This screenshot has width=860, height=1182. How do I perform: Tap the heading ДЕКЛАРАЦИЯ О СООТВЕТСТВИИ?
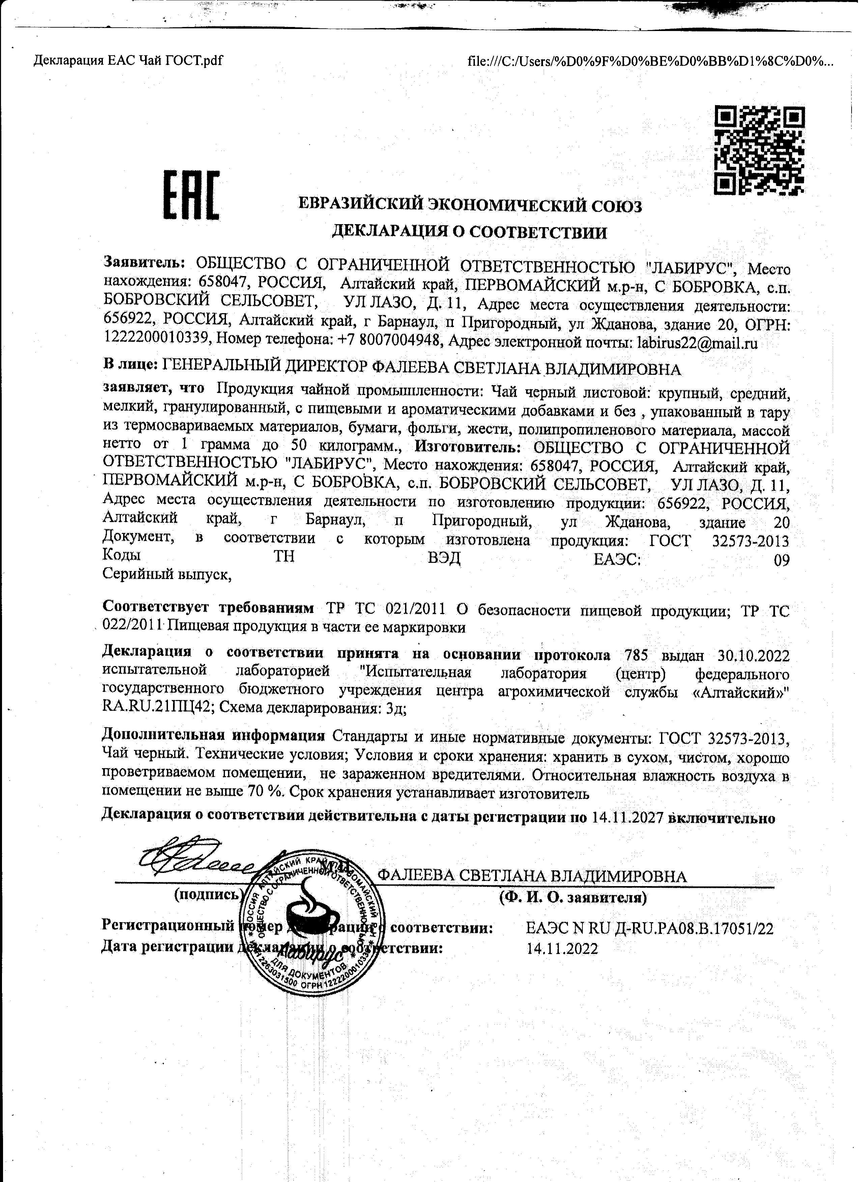point(469,232)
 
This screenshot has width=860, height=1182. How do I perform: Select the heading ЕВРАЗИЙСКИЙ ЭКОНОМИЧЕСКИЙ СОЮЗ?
point(469,206)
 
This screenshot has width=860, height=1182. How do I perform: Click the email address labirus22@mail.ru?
point(697,343)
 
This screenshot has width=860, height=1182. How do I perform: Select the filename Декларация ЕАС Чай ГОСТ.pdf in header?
point(128,61)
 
